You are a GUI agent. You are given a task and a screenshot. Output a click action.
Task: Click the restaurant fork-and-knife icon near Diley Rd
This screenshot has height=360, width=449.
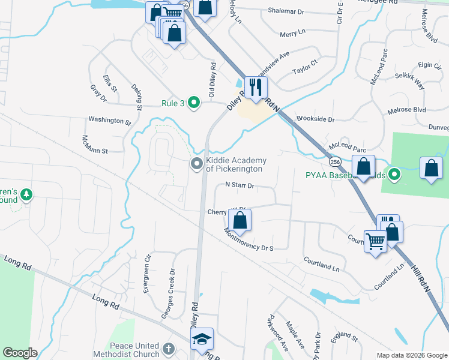256,87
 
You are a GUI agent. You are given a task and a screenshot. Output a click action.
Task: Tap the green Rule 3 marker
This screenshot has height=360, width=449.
194,103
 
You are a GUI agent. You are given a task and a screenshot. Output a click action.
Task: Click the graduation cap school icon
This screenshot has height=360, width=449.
202,339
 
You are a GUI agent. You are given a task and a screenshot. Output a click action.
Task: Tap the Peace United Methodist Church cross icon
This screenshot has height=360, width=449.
169,348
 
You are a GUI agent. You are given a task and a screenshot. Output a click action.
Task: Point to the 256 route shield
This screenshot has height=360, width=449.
335,162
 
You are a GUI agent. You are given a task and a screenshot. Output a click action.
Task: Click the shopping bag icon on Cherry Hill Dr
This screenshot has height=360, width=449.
240,221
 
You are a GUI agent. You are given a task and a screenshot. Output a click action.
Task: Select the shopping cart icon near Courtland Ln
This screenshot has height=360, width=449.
376,241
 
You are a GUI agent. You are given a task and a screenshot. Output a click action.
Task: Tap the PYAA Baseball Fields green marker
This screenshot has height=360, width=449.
394,175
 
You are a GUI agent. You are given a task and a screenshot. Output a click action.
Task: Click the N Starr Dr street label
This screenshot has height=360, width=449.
240,186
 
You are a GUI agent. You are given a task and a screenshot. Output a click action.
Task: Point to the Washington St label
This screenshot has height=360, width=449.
109,121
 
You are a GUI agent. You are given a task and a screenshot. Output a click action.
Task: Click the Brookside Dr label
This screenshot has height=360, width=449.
315,119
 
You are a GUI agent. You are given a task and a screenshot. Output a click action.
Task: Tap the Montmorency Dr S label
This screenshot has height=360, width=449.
249,243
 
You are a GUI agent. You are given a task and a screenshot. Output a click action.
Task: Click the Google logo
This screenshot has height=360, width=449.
20,353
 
